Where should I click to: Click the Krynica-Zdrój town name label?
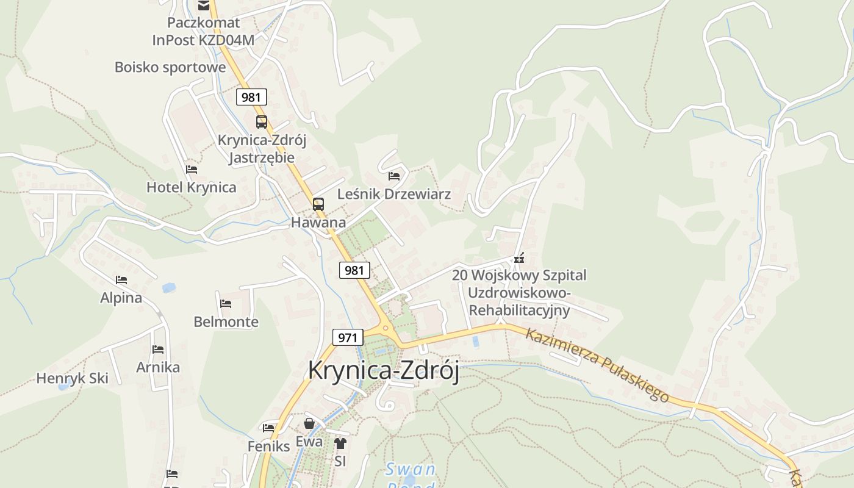(383, 370)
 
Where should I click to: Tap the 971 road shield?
(348, 337)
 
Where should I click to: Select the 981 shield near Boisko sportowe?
(251, 97)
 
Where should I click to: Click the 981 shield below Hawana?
(354, 270)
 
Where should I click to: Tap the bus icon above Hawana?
(318, 204)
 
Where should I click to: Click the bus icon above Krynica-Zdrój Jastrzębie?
(262, 121)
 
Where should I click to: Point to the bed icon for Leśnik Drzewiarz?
(394, 176)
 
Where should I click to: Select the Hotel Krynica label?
(191, 187)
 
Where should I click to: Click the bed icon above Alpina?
(121, 280)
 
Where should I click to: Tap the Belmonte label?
(226, 321)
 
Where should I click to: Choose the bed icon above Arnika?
(158, 350)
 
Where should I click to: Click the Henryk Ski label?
(72, 378)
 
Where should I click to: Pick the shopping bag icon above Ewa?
(309, 423)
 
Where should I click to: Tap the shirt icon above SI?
(340, 443)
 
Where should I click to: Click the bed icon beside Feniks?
(268, 428)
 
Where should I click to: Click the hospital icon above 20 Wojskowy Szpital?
(519, 259)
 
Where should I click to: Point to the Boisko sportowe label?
(170, 67)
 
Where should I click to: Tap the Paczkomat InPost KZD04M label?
(203, 32)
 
